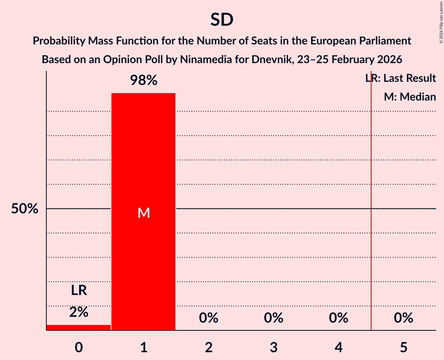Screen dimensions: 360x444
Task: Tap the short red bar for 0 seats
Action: tap(78, 327)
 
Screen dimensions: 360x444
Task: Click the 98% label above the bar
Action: tap(143, 81)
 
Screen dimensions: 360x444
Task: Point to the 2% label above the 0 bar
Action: tap(78, 312)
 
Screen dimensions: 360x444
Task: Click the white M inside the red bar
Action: tap(143, 213)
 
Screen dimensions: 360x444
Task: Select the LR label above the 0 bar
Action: tap(78, 290)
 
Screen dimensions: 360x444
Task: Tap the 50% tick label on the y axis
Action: tap(25, 209)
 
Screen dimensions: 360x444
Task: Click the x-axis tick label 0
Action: tap(78, 347)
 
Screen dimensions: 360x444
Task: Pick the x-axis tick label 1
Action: tap(143, 347)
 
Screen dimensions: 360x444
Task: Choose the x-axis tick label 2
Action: tap(209, 347)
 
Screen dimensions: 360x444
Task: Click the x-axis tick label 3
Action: tap(274, 347)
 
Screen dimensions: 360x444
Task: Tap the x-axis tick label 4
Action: tap(338, 347)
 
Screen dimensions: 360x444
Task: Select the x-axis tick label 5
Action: tap(403, 347)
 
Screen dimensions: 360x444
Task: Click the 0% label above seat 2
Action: tap(209, 318)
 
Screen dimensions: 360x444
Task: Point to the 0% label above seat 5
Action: tap(403, 318)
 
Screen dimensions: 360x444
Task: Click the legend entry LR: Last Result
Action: tap(401, 78)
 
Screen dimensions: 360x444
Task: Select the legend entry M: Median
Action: tap(410, 97)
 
